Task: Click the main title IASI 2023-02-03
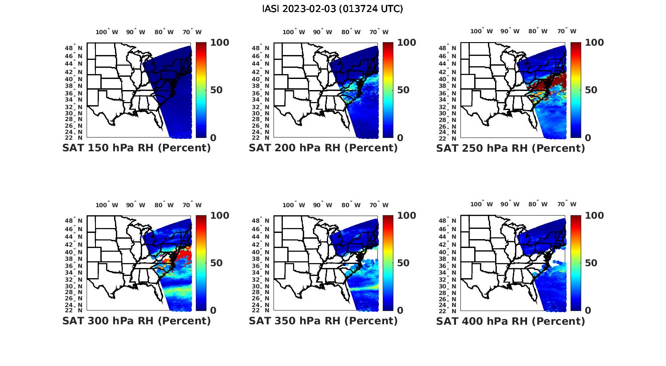tap(333, 9)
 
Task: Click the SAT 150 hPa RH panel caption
tap(137, 148)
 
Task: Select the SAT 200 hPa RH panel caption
tap(323, 148)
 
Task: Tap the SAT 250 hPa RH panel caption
tap(511, 148)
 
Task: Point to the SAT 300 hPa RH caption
tap(137, 321)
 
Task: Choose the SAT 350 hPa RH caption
tap(323, 321)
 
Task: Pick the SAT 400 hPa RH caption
tap(511, 321)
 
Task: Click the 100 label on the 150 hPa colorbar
tap(220, 43)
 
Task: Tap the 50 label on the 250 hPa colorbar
tap(591, 90)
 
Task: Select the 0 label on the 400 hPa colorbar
tap(588, 311)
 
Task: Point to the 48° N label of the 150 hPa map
tap(74, 48)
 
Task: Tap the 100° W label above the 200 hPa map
tap(293, 32)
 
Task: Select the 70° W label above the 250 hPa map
tap(567, 31)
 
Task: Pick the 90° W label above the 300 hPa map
tap(135, 205)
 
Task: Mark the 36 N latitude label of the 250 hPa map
tap(448, 93)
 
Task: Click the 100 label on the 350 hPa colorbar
tap(407, 216)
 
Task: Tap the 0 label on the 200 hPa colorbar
tap(400, 138)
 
